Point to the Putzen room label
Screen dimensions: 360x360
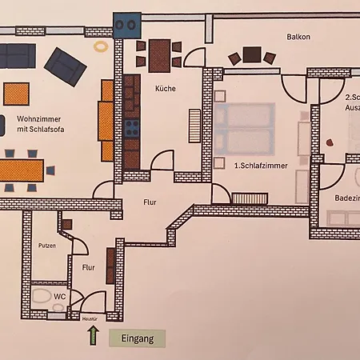[46, 246]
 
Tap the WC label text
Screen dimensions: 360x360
[59, 296]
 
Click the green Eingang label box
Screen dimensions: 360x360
[137, 338]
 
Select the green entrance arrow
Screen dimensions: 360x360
[93, 335]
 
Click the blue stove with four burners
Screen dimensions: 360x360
[130, 127]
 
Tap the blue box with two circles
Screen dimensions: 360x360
[126, 25]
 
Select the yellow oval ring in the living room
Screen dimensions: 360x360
[101, 47]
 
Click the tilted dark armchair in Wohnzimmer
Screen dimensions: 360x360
[66, 66]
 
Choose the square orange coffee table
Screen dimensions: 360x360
[18, 94]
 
